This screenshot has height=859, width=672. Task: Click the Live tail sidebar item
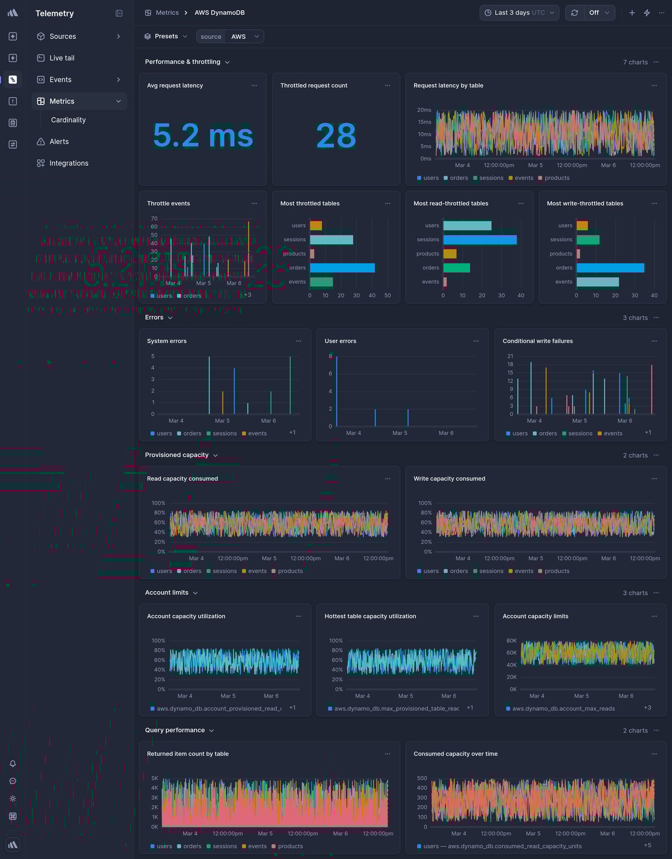coord(61,58)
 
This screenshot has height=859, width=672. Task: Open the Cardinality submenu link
coord(68,120)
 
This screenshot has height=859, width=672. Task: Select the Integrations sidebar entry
coord(69,163)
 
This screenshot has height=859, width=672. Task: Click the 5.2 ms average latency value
coord(203,135)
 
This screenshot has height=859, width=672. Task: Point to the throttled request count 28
coord(336,135)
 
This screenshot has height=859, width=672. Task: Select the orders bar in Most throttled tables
coord(342,268)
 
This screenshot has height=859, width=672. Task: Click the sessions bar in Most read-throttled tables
coord(479,240)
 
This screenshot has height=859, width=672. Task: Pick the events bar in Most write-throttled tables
coord(597,282)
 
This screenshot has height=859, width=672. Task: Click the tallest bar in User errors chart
coord(337,391)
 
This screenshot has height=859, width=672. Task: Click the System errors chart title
coord(167,341)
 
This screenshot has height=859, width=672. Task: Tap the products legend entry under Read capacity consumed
coord(290,571)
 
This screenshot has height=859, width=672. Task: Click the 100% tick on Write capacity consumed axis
coord(425,503)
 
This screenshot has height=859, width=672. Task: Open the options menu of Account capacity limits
coord(654,617)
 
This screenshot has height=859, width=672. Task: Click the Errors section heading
coord(154,318)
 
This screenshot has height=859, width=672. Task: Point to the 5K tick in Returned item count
coord(155,778)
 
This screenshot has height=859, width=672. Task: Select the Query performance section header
coord(175,730)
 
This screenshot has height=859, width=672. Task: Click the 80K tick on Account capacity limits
coord(511,641)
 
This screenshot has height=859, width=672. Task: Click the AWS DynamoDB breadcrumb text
coord(220,13)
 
